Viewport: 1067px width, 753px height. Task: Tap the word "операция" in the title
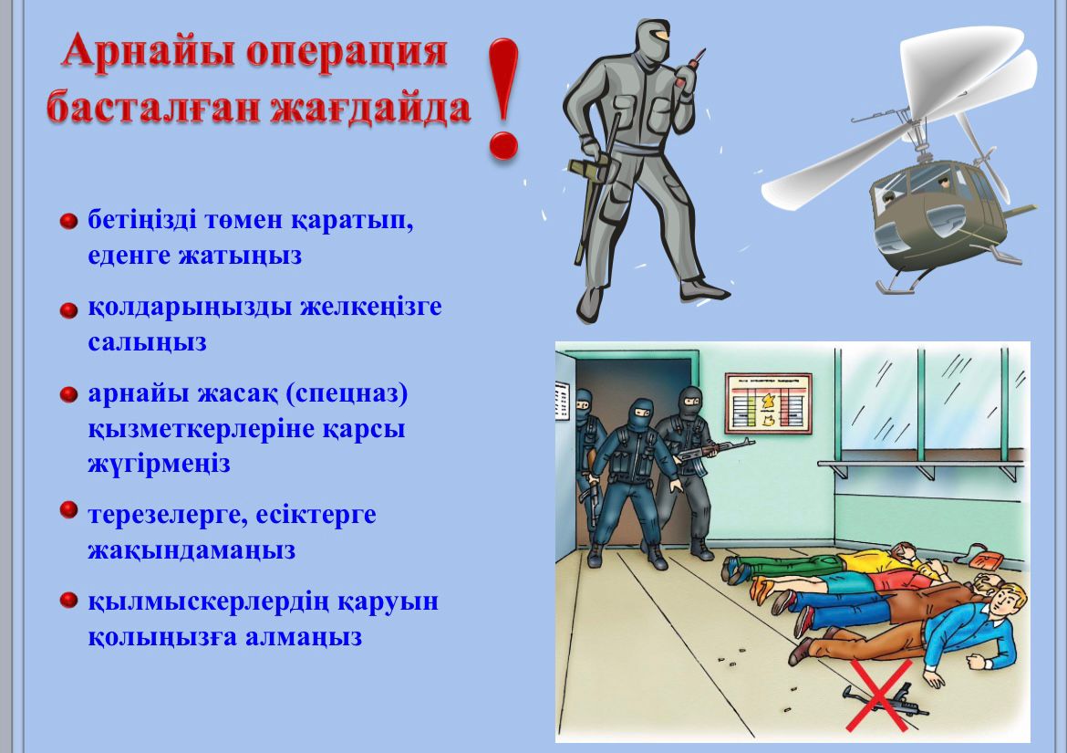(x=347, y=52)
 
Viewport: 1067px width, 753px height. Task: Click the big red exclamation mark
(x=502, y=99)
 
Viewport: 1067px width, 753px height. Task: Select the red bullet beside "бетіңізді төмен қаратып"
(x=68, y=221)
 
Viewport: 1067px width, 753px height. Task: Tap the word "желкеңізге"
(x=371, y=307)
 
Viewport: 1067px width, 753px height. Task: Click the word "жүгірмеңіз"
(x=160, y=464)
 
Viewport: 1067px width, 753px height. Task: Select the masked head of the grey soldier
(x=651, y=42)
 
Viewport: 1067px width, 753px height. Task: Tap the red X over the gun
(x=878, y=695)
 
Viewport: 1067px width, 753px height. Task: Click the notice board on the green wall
(x=768, y=403)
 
